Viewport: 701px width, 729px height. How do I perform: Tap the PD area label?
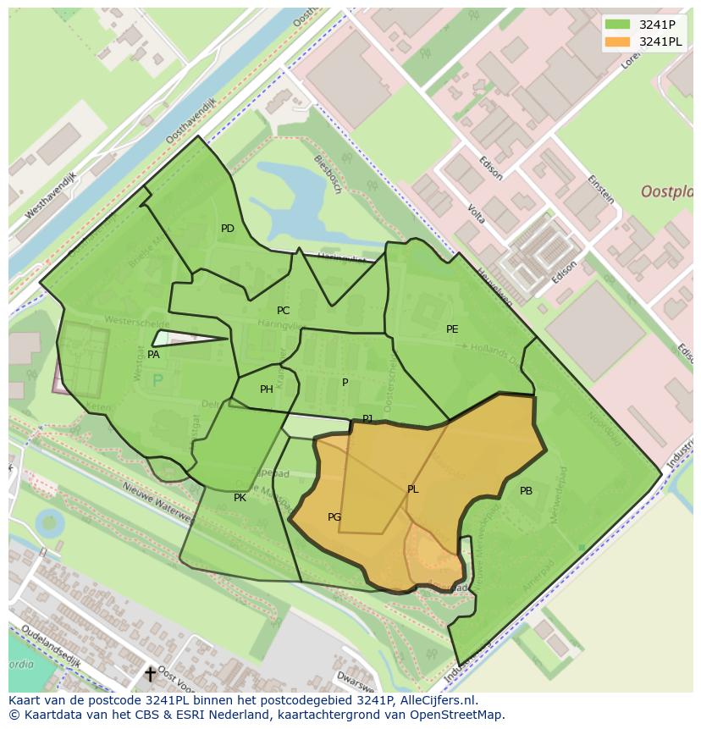(228, 229)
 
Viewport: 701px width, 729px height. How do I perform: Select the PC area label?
(283, 311)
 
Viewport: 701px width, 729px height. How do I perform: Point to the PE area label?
(452, 329)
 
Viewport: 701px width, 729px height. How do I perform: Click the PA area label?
(153, 355)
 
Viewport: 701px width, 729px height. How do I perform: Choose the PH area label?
(267, 389)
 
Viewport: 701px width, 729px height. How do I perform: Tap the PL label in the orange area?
(412, 489)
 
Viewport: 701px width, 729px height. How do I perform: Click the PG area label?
(334, 517)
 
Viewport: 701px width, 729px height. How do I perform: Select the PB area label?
(526, 491)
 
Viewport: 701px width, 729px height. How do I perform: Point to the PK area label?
(240, 498)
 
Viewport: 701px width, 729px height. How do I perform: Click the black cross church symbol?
(150, 674)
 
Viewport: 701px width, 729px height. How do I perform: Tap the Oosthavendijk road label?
(192, 119)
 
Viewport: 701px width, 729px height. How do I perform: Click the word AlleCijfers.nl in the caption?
(438, 700)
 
